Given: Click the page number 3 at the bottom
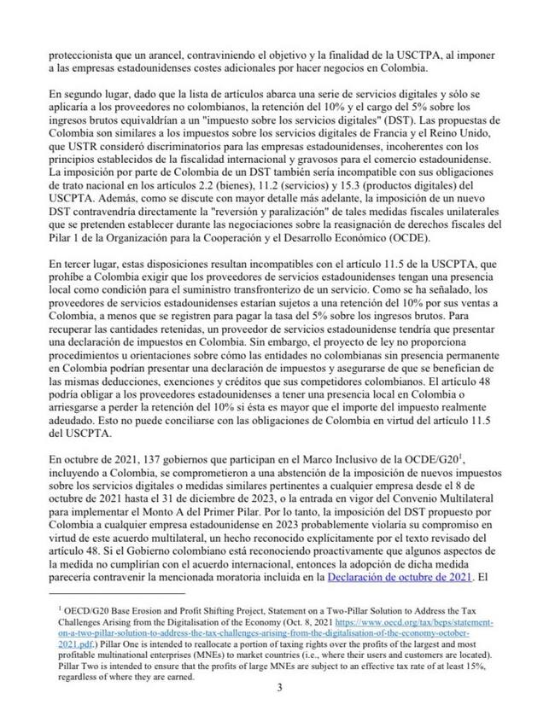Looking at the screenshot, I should (x=278, y=709).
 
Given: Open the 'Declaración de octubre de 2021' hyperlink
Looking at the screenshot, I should (x=399, y=577).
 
